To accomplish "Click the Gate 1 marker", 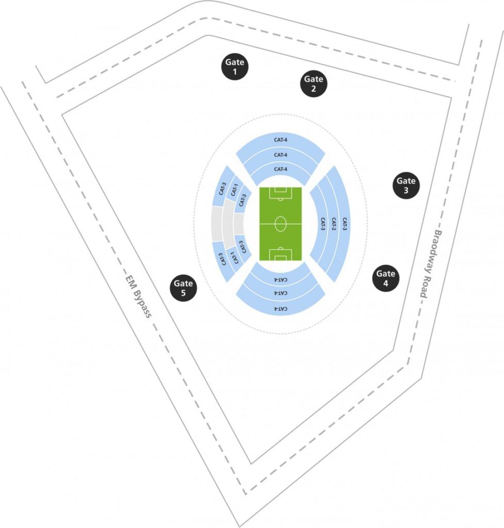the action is (235, 67).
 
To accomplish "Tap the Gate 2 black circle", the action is (313, 84).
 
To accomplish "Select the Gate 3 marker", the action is (405, 185).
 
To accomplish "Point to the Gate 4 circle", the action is (385, 278).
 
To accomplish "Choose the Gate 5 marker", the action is (183, 288).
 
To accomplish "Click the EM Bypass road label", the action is (138, 296).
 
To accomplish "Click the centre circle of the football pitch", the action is (280, 224).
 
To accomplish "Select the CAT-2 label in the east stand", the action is (334, 224).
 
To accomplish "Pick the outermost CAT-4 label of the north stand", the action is (280, 140).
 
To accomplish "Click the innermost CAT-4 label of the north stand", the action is (280, 169).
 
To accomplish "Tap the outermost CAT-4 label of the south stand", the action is (280, 308).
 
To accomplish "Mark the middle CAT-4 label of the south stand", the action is (280, 293).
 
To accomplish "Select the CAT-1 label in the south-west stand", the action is (234, 258).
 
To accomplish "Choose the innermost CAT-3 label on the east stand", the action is (323, 224).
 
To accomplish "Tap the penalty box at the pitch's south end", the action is (280, 255).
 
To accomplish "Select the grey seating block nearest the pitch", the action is (238, 224).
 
